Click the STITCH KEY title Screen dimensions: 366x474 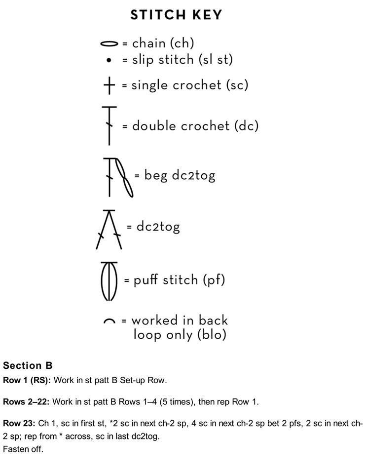pos(176,15)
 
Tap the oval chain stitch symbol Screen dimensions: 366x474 pos(109,44)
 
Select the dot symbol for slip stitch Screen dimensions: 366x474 pos(109,60)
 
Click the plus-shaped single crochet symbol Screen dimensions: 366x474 pos(109,85)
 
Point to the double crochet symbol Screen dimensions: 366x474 pos(109,125)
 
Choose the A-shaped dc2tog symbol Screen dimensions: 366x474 pos(109,230)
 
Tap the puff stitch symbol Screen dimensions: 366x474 pos(109,281)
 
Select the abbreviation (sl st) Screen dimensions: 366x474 pos(216,60)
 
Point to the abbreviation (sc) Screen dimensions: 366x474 pos(237,85)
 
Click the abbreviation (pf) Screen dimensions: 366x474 pos(214,279)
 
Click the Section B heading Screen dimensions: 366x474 pos(28,365)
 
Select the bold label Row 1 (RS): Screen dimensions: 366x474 pos(27,380)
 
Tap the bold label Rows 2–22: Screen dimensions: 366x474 pos(26,402)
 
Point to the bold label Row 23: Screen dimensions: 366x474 pos(19,423)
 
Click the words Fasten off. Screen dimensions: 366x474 pos(23,449)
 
